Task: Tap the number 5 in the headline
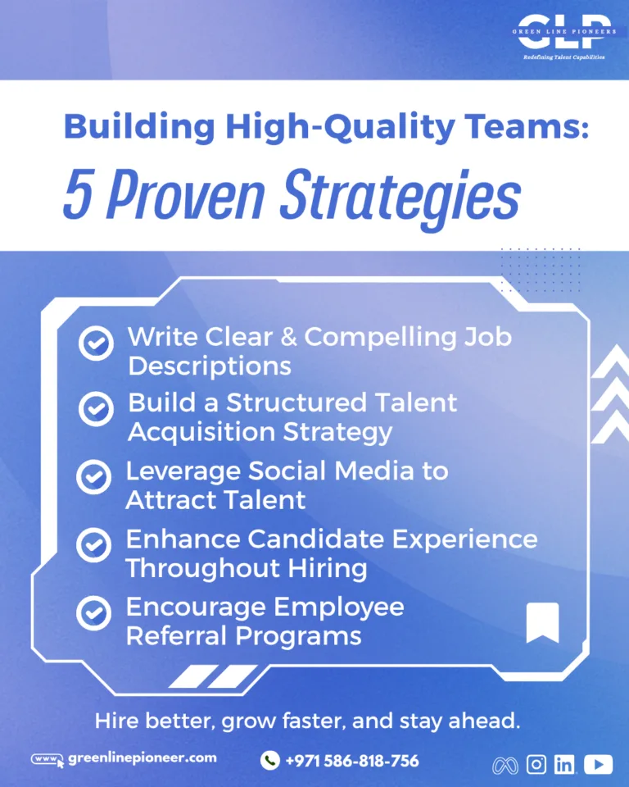pos(79,193)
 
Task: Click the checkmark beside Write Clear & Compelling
pos(96,343)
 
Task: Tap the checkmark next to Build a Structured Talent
pos(96,409)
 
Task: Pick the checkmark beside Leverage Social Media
pos(94,477)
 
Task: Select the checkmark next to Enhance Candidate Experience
pos(94,545)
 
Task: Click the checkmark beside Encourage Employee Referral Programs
pos(94,613)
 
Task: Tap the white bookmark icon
pos(542,622)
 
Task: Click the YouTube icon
pos(598,764)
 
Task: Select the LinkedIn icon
pos(565,764)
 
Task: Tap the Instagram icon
pos(536,764)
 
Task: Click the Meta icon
pos(505,766)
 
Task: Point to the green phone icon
pos(269,761)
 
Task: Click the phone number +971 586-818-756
pos(352,761)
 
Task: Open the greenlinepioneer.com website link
pos(143,757)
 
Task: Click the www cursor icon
pos(48,760)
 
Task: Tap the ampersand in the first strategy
pos(289,337)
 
